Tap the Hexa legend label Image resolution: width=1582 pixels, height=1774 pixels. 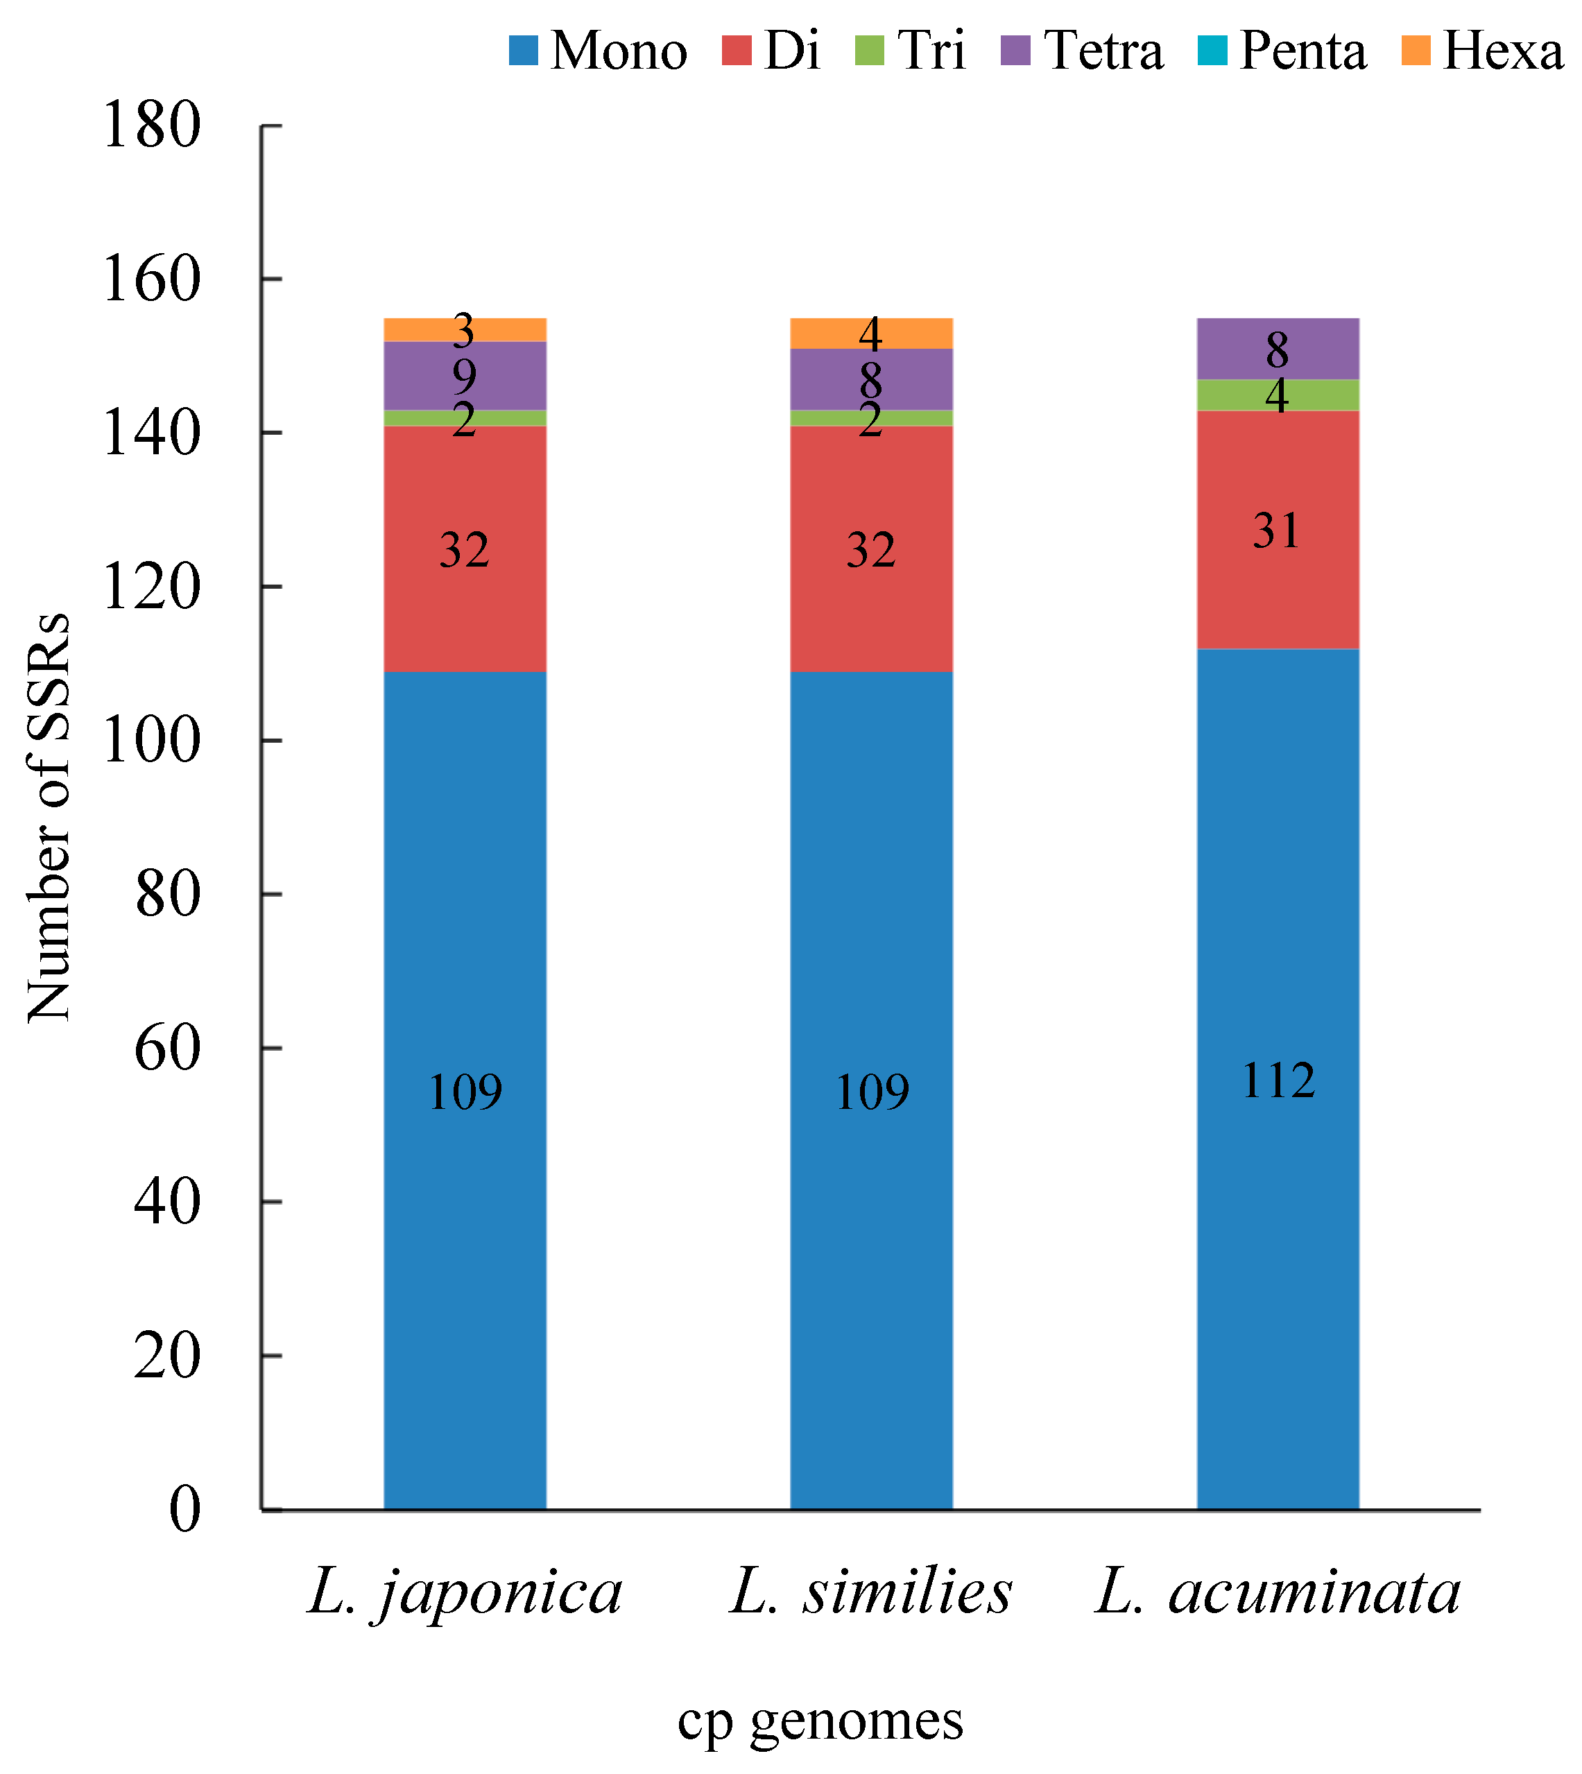(x=1502, y=51)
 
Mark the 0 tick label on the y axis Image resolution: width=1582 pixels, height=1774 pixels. (x=184, y=1510)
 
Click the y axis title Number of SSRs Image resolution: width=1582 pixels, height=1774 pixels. (x=49, y=817)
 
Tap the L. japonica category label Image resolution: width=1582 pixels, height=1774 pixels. (x=465, y=1593)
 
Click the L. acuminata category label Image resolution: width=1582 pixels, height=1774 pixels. (x=1278, y=1593)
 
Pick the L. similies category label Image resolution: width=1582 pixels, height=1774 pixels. (x=871, y=1593)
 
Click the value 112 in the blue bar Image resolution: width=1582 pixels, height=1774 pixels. (x=1278, y=1080)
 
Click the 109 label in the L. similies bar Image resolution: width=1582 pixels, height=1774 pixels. (x=871, y=1092)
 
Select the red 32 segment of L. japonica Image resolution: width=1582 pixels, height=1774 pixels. (x=465, y=549)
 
